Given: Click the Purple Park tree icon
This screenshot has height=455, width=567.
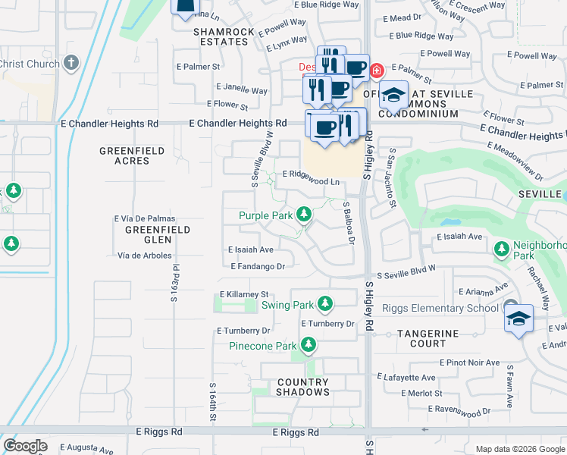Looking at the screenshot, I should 304,215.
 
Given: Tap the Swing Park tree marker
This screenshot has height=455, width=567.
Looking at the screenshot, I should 325,304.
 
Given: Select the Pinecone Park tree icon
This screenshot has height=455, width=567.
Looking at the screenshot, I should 308,346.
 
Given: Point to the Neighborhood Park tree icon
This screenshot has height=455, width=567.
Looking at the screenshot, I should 501,249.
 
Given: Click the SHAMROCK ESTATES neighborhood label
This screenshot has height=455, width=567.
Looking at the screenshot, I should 224,36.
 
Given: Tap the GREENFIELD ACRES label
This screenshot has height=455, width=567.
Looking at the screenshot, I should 132,156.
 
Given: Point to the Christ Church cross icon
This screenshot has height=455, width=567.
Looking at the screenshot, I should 71,64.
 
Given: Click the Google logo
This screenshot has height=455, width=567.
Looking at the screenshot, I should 25,446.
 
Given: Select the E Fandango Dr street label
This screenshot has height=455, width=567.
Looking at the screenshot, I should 258,266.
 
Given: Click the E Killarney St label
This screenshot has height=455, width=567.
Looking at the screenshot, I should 244,294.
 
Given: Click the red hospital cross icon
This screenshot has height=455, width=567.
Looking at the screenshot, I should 377,68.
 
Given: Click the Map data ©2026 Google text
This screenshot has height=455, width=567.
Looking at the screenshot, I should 519,449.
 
